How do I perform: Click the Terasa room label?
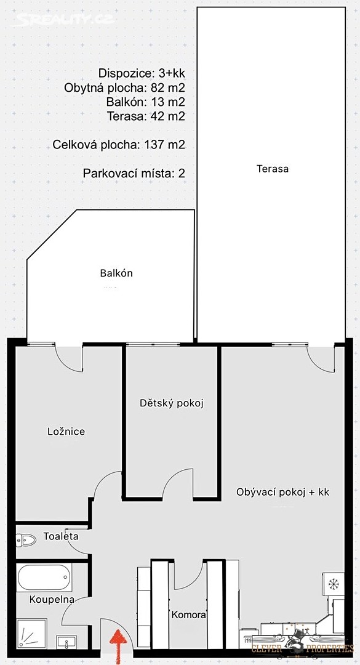(x=273, y=169)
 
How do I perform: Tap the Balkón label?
(x=116, y=273)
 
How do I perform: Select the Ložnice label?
(x=66, y=432)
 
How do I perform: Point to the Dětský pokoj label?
(x=172, y=403)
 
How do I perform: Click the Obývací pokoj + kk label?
(x=283, y=493)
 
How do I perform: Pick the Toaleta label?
(x=61, y=536)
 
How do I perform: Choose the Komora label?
(x=189, y=615)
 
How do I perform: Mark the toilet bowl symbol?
(x=26, y=540)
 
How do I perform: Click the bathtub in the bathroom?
(x=44, y=577)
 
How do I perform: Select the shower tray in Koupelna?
(x=32, y=634)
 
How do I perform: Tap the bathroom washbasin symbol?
(x=66, y=642)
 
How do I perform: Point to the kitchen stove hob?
(x=334, y=584)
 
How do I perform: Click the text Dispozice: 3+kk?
(x=142, y=73)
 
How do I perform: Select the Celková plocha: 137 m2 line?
(x=119, y=145)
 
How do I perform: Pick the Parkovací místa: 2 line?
(x=134, y=174)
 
